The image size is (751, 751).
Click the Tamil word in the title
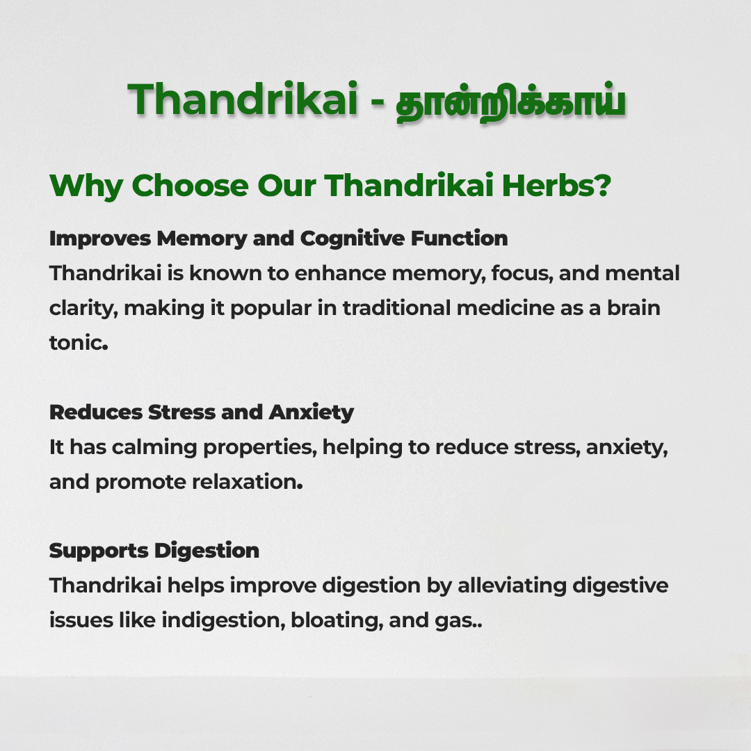pyautogui.click(x=510, y=101)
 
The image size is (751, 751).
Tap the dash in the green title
pyautogui.click(x=378, y=102)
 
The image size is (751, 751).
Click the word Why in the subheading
pyautogui.click(x=86, y=186)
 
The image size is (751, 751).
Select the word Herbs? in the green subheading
pyautogui.click(x=556, y=185)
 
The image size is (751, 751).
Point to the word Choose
pyautogui.click(x=190, y=185)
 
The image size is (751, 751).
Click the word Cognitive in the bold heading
pyautogui.click(x=353, y=239)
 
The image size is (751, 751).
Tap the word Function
pyautogui.click(x=460, y=238)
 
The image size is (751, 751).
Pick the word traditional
pyautogui.click(x=396, y=307)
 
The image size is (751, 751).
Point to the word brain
pyautogui.click(x=633, y=307)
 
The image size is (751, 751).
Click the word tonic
pyautogui.click(x=79, y=342)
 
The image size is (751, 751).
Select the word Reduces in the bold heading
pyautogui.click(x=96, y=412)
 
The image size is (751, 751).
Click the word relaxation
pyautogui.click(x=247, y=482)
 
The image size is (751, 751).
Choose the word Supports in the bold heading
pyautogui.click(x=99, y=551)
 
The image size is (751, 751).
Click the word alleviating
pyautogui.click(x=512, y=586)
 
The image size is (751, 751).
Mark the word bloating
pyautogui.click(x=337, y=621)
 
